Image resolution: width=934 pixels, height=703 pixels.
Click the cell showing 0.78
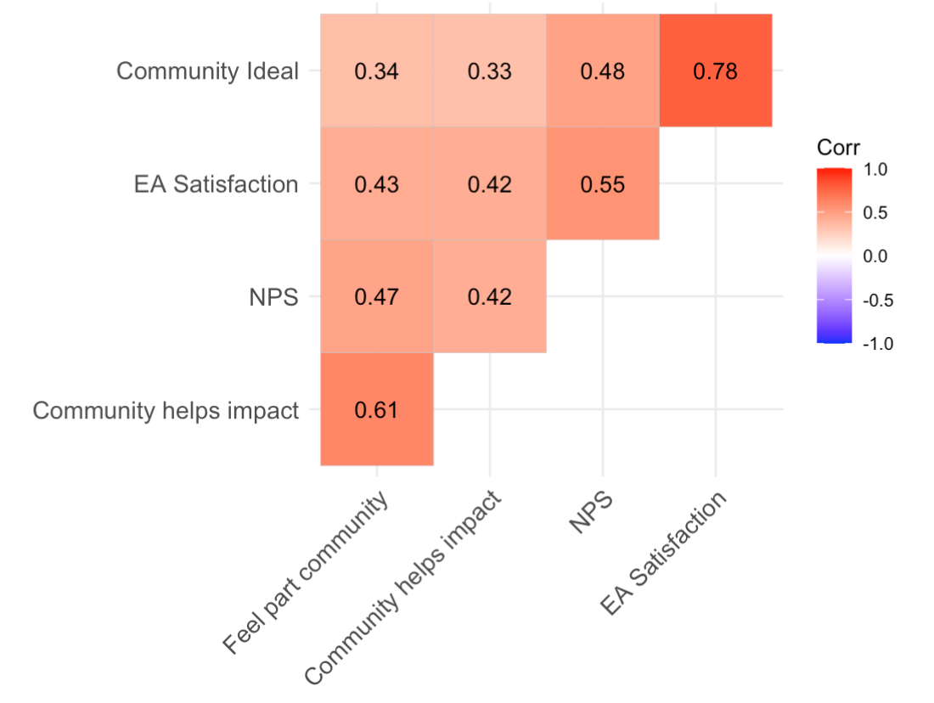click(715, 71)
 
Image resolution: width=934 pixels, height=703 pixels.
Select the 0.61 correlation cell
click(376, 410)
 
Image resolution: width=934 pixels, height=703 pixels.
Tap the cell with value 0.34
click(376, 71)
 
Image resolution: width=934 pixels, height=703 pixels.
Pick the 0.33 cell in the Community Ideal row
click(489, 71)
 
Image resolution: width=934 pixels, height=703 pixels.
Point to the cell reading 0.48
click(602, 71)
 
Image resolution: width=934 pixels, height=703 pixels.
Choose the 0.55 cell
click(602, 184)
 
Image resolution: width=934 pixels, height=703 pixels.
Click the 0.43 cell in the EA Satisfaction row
click(376, 184)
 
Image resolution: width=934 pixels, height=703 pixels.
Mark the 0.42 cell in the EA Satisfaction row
click(489, 184)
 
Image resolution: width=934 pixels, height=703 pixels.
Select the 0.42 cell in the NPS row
click(489, 297)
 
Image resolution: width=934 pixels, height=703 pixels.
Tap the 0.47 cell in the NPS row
click(376, 297)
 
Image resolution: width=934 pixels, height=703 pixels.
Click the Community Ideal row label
click(207, 71)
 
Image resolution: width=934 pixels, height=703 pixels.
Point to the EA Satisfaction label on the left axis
click(216, 184)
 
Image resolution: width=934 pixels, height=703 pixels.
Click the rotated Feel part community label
click(306, 574)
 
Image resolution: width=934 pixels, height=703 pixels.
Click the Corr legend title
click(838, 148)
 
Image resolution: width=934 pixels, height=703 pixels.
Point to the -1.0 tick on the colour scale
click(875, 343)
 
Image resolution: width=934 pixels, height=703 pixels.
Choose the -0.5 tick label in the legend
click(875, 300)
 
